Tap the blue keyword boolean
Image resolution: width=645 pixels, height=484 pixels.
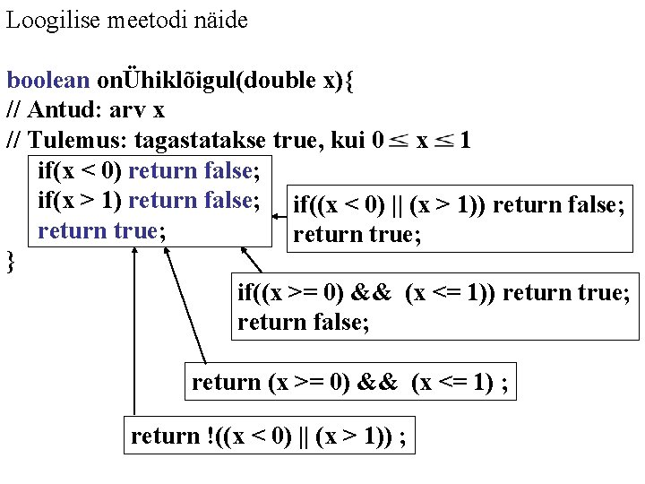click(48, 80)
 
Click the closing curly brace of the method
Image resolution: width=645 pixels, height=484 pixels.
click(11, 261)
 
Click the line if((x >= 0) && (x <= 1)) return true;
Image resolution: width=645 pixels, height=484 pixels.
click(434, 292)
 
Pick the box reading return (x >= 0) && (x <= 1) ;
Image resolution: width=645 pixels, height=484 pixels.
click(350, 383)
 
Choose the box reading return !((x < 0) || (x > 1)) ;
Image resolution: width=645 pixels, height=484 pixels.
click(269, 436)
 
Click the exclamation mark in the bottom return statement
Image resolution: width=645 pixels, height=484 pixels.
click(209, 436)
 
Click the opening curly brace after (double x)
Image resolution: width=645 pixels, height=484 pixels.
click(348, 80)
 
